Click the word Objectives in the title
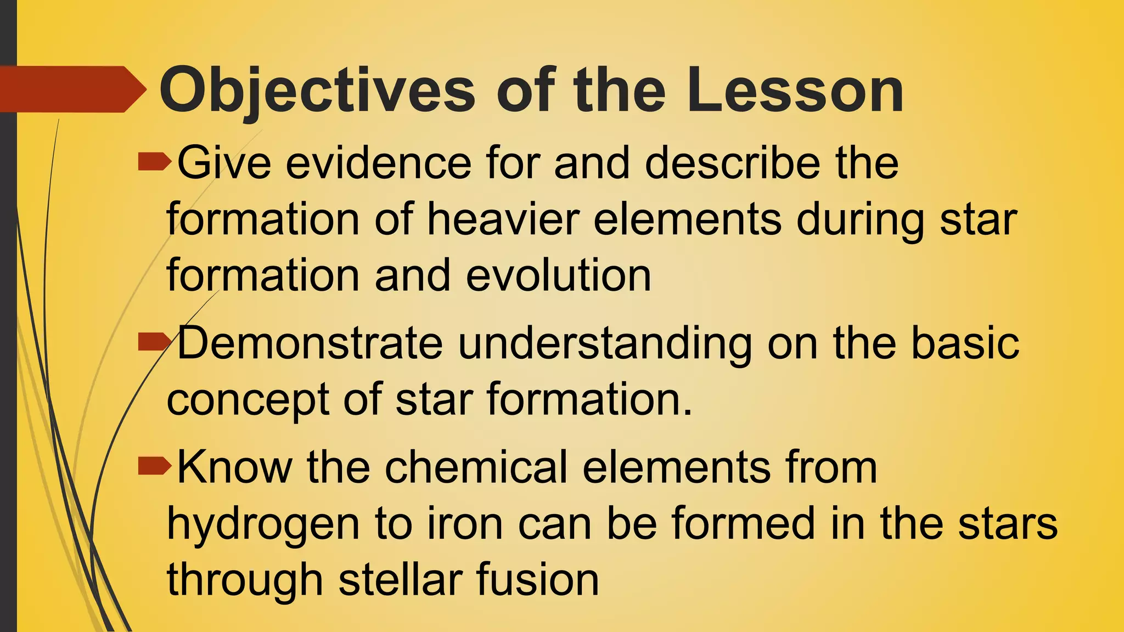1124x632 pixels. [317, 91]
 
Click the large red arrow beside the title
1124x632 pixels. [71, 89]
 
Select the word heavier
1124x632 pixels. [503, 219]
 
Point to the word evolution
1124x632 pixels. [558, 275]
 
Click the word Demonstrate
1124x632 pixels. [310, 343]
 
